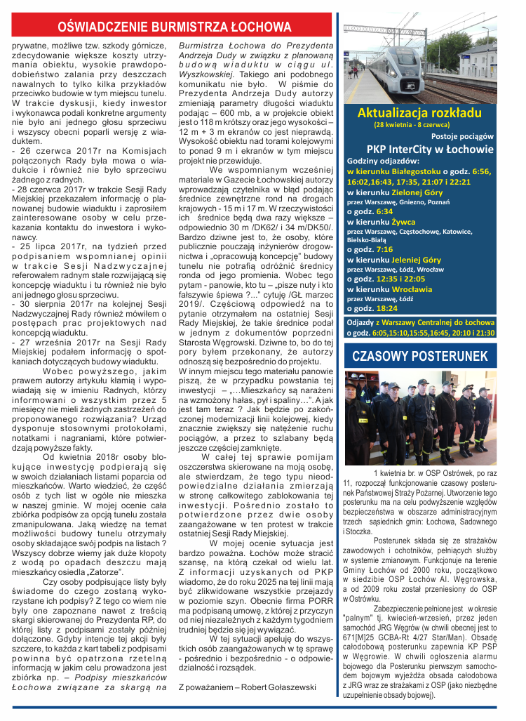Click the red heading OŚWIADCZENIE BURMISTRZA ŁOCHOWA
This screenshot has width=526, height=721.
174,27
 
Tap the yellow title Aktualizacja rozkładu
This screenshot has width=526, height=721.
419,113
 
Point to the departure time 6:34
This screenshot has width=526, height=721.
384,211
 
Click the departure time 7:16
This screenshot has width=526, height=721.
384,249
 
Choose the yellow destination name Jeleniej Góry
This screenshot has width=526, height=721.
416,259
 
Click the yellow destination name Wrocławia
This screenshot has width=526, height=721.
412,289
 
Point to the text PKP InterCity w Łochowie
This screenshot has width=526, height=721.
430,149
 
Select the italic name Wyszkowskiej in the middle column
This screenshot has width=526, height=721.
207,73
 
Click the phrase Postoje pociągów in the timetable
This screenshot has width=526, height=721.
462,136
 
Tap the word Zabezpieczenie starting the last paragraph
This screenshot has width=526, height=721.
400,606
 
